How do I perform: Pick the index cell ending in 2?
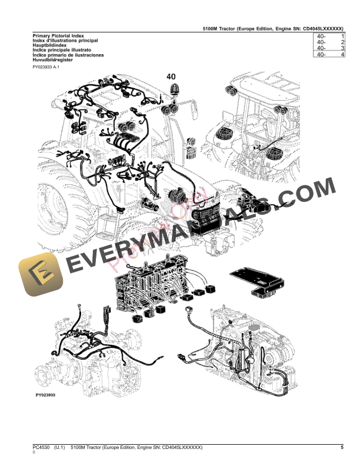pos(329,43)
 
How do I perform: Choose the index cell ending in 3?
pos(329,49)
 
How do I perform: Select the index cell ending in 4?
pos(329,55)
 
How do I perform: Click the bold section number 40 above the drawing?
pos(171,76)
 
